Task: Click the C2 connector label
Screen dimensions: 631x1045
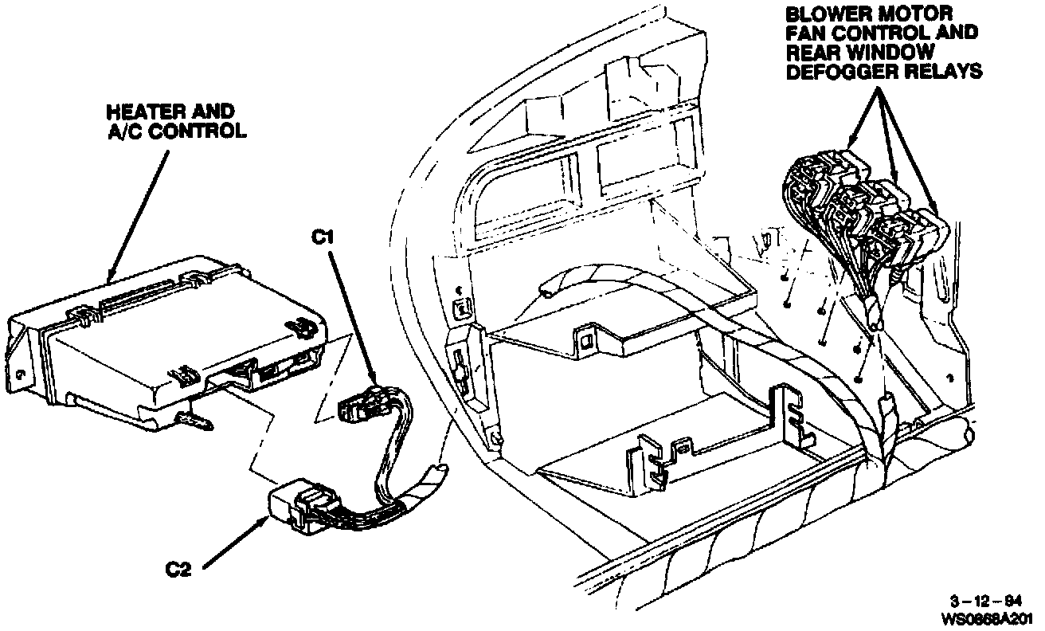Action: (x=179, y=570)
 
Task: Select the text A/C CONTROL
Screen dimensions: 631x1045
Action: (x=178, y=131)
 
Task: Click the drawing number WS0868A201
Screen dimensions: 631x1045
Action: (x=988, y=617)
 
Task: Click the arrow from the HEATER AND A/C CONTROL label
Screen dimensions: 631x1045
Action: (x=139, y=211)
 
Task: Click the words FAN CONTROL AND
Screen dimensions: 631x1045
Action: (x=881, y=33)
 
